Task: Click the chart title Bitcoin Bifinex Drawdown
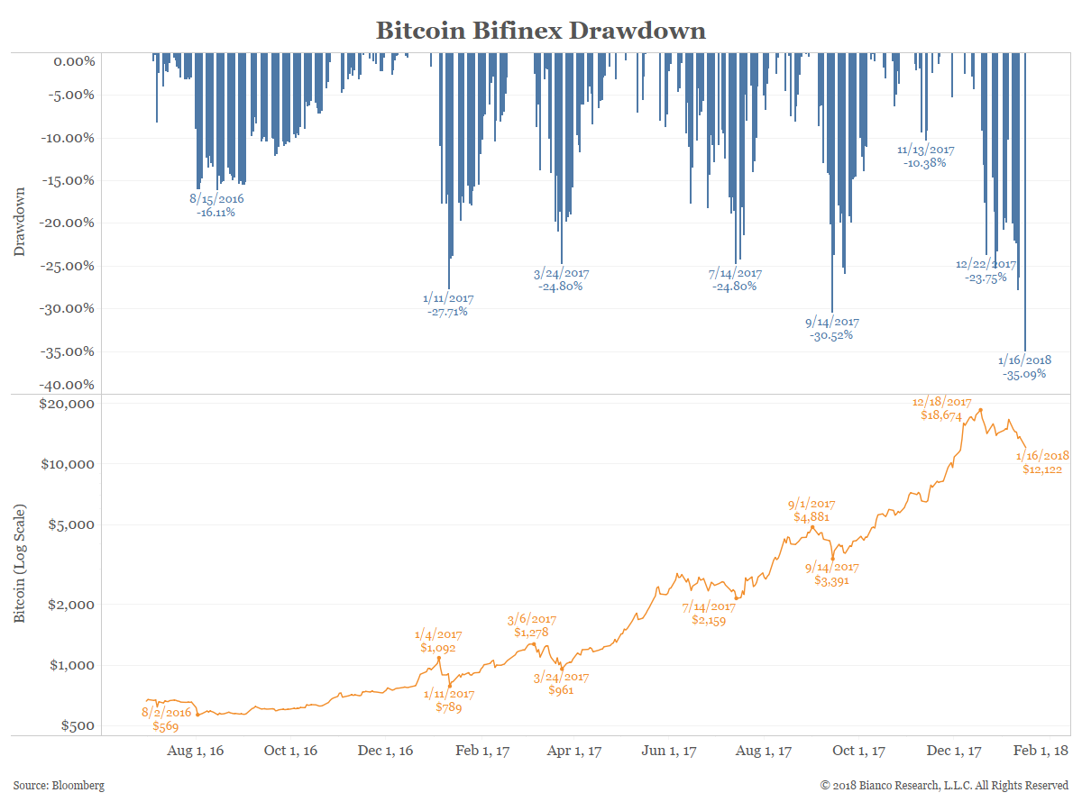(x=540, y=30)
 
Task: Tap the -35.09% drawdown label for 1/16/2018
(x=1023, y=373)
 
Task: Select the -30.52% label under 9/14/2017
(x=831, y=335)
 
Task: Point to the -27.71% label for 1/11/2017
(x=447, y=312)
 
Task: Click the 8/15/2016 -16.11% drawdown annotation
(x=216, y=213)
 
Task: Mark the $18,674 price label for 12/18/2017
(x=941, y=416)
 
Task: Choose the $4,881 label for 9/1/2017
(x=811, y=517)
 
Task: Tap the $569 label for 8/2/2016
(x=166, y=725)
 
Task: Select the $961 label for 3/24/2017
(x=561, y=690)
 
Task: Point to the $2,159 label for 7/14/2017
(x=708, y=620)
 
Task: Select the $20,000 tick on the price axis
(x=69, y=404)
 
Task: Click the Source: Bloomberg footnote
(x=59, y=786)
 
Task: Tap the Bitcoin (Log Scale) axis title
(x=20, y=564)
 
